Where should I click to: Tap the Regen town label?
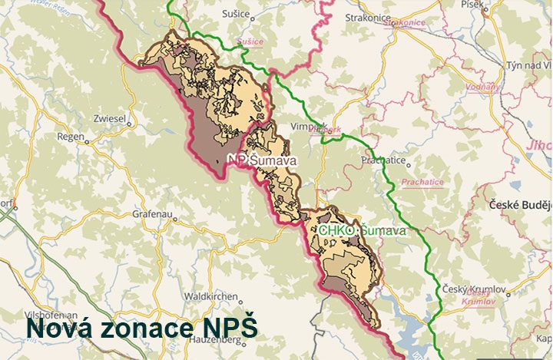(x=71, y=137)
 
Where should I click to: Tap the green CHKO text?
(x=336, y=230)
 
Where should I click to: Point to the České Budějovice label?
(x=522, y=206)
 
